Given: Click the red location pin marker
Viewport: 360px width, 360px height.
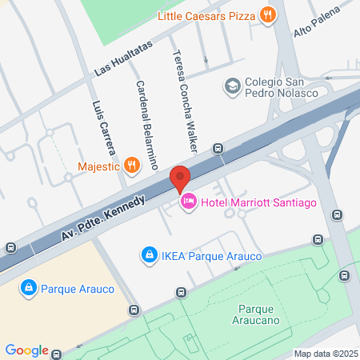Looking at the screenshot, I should [180, 178].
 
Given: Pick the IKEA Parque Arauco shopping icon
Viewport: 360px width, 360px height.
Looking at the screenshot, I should [148, 255].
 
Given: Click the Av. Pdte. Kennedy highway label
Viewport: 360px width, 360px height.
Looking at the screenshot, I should [102, 219].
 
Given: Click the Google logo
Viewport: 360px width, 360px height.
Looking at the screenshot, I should [26, 350].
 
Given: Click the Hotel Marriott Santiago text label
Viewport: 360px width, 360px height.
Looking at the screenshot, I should [259, 202].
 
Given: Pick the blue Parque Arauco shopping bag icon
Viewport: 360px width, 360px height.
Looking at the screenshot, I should [28, 286].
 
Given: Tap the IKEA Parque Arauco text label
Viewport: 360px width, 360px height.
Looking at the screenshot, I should [206, 256].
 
